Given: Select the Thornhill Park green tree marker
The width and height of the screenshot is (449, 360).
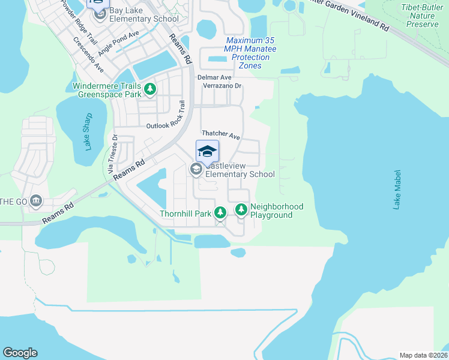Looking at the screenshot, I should (220, 212).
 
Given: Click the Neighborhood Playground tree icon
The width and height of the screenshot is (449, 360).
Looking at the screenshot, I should (241, 209).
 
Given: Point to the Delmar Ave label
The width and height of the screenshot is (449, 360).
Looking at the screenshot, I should (214, 77).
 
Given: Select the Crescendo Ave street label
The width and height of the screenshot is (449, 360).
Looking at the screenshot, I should (89, 55).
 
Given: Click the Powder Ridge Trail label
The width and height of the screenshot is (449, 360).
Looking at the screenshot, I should (79, 22).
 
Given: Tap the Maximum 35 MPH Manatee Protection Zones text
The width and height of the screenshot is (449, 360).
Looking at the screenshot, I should (247, 49).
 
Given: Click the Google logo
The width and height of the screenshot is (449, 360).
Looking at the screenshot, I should (20, 353).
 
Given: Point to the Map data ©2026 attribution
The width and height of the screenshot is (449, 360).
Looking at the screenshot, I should (423, 355).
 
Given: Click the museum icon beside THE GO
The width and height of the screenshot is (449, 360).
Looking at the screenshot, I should (35, 200).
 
